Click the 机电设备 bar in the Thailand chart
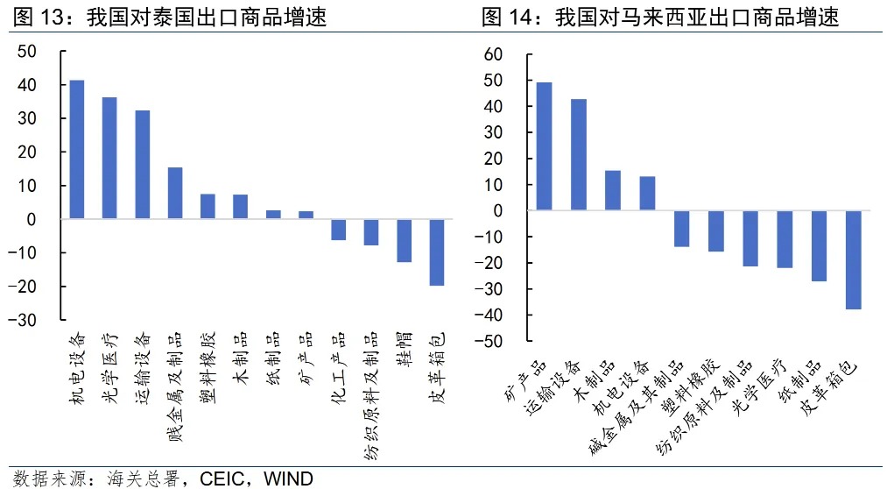(77, 149)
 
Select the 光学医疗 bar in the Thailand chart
(109, 158)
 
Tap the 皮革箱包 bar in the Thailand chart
(436, 252)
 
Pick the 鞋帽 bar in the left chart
(404, 240)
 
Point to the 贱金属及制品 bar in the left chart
(175, 193)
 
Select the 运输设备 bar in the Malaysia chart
(579, 154)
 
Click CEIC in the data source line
(221, 478)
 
